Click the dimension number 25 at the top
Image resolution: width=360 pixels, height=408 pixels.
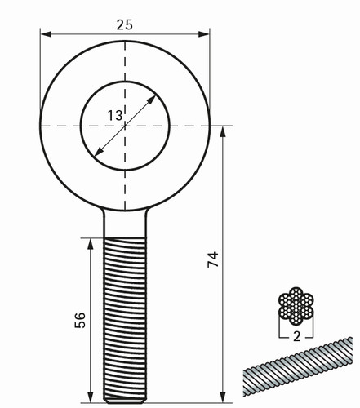point(125,24)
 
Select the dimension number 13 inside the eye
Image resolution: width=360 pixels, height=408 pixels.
point(115,116)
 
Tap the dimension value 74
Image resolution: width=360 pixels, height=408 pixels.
point(213,259)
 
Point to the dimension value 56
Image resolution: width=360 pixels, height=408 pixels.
point(80,321)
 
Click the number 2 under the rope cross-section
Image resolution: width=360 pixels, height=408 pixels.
point(296,337)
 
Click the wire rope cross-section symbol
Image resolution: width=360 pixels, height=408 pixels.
point(296,306)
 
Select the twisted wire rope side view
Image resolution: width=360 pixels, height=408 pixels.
point(298,366)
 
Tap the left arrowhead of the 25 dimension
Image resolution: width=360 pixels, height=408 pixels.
point(46,34)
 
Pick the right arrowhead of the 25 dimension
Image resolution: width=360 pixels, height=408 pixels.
point(204,34)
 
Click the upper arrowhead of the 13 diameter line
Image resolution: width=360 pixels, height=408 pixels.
point(151,100)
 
